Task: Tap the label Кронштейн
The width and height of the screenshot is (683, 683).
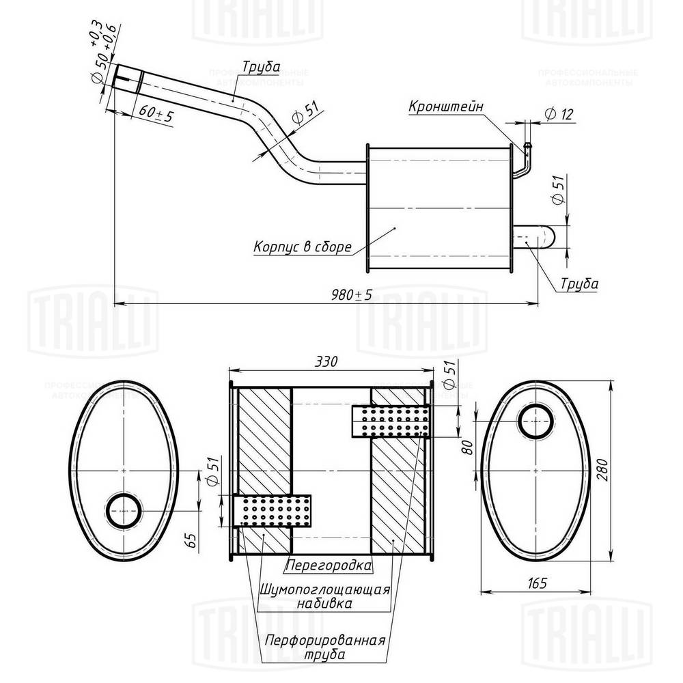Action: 446,107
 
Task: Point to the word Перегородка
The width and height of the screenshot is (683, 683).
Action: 329,566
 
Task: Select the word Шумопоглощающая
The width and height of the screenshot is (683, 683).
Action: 324,589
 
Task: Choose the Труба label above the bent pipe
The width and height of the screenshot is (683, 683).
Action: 260,67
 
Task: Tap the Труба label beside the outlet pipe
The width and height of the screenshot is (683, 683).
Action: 579,283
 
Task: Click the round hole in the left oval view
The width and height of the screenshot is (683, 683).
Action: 124,512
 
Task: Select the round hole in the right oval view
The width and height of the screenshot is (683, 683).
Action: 535,421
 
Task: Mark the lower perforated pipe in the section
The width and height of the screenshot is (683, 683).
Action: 272,511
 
